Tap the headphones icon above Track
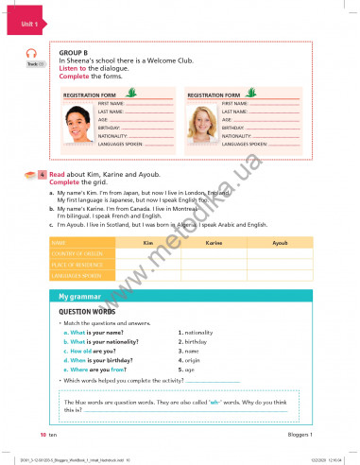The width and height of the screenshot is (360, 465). tap(30, 54)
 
